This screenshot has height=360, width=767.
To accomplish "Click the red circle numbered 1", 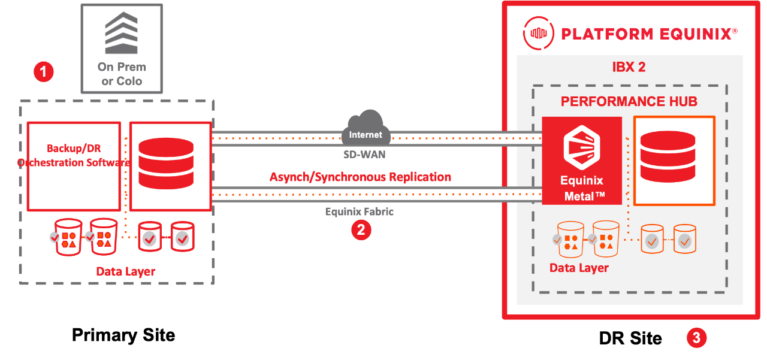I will (x=44, y=72).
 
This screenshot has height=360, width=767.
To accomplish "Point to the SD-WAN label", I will (x=365, y=155).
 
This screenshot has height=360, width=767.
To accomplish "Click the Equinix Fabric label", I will (x=360, y=211).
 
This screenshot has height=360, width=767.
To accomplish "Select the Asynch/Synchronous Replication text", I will (x=360, y=177).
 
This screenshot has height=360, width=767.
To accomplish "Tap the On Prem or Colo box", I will (x=122, y=48).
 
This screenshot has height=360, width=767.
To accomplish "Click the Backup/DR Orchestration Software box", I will (x=74, y=167).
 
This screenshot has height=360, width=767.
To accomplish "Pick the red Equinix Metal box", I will (x=582, y=161).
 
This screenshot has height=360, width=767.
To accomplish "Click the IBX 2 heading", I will (x=629, y=66).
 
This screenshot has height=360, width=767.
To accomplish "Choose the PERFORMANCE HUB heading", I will (x=629, y=101).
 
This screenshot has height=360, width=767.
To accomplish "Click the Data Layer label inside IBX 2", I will (x=579, y=268).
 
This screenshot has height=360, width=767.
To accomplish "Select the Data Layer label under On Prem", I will (x=126, y=271).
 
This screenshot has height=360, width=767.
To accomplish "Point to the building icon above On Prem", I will (x=122, y=32).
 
